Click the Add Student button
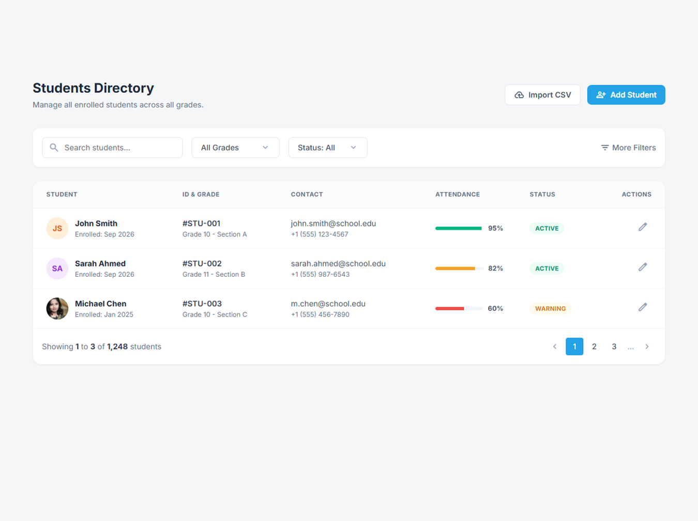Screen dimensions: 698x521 (626, 94)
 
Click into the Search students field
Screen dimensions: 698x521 (112, 148)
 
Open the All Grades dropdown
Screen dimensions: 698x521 (235, 148)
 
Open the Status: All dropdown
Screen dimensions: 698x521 (327, 148)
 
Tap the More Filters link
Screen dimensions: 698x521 (628, 148)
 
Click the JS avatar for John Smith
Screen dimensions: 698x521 (57, 228)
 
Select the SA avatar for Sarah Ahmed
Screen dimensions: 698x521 (57, 269)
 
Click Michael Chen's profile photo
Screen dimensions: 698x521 (57, 308)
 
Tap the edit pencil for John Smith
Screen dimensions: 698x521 (642, 227)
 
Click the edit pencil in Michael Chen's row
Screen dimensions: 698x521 (642, 307)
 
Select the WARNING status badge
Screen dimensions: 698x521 (550, 308)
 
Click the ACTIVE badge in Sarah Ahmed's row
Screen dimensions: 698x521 (547, 269)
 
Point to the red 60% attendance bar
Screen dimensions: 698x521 (449, 308)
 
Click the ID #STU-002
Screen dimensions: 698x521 (202, 263)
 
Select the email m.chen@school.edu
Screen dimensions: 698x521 (328, 304)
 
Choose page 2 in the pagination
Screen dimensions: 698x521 (594, 346)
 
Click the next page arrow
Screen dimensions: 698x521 (647, 346)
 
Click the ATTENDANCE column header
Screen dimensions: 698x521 (457, 194)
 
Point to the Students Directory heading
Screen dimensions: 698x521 (93, 88)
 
